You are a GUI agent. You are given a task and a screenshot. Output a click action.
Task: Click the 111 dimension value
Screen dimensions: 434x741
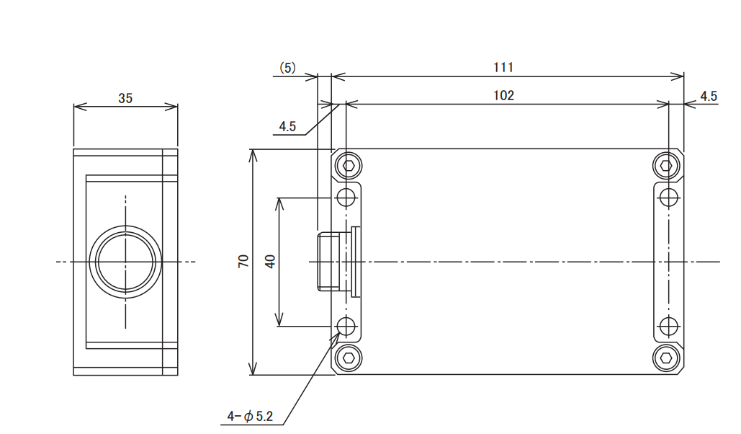click(x=503, y=68)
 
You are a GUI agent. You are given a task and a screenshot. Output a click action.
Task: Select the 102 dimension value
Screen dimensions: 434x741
click(x=504, y=96)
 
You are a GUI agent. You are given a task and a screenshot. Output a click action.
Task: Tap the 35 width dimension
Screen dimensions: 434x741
click(x=125, y=99)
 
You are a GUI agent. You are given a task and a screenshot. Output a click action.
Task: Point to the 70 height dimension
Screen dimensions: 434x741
click(x=243, y=262)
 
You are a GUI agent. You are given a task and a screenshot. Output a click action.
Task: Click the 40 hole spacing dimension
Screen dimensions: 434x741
click(x=271, y=262)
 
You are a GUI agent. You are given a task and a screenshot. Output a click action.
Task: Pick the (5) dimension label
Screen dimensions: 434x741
click(x=287, y=68)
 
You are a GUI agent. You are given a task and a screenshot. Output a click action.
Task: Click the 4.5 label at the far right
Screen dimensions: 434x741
click(x=709, y=96)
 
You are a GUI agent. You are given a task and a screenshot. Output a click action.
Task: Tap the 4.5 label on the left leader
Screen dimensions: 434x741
click(x=287, y=126)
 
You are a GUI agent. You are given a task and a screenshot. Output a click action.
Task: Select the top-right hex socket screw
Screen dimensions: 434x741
click(x=666, y=166)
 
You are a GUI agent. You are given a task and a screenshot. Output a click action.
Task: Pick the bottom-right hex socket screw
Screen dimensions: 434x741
click(x=666, y=357)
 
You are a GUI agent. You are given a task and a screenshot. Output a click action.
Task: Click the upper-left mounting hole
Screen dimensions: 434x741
click(x=347, y=197)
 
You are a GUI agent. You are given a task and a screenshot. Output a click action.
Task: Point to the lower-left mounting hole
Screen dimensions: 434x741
click(x=347, y=326)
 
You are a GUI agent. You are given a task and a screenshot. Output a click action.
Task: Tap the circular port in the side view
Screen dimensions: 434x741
click(x=125, y=262)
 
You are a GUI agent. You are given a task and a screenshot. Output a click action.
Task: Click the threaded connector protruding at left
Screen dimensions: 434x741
click(x=329, y=261)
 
